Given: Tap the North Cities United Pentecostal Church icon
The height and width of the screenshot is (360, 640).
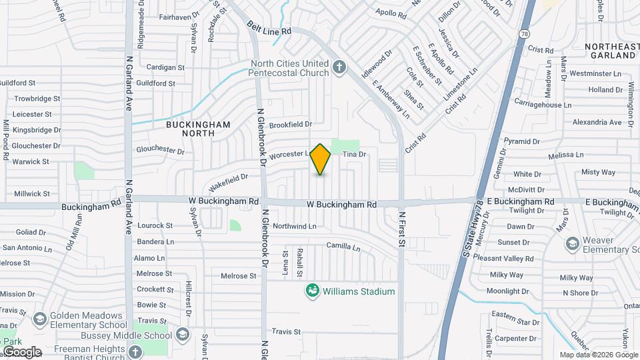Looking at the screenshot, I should pos(339,67).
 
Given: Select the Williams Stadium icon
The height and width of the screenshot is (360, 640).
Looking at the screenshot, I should pos(311,291).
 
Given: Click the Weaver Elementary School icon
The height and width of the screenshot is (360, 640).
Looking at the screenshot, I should pos(571,244).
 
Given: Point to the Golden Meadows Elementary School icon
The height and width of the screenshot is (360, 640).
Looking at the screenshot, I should pos(39,320).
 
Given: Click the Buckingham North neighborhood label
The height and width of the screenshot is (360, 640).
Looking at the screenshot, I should pos(198,129).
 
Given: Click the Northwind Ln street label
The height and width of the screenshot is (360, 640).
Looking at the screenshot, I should pos(293,226).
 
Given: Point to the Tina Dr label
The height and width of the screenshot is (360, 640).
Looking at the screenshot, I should pos(355,155).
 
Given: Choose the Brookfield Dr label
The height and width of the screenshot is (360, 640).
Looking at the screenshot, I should pos(291,125).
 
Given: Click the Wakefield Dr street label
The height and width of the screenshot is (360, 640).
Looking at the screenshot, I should pos(228,179).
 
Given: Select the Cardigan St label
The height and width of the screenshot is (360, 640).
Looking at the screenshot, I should pos(165,67).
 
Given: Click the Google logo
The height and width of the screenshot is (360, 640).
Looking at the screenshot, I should pos(21,351).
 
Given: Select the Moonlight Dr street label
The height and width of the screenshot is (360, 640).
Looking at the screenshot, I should pos(508,291).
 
